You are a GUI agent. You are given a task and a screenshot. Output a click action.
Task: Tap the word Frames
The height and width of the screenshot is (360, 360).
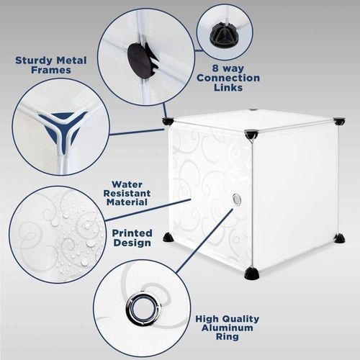point(51,70)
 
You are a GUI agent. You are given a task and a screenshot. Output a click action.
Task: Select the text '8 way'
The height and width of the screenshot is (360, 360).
point(228,68)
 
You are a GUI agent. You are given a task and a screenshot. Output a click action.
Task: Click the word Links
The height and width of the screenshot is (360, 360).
point(228,87)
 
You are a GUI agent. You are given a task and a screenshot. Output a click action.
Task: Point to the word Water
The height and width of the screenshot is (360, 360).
point(127,184)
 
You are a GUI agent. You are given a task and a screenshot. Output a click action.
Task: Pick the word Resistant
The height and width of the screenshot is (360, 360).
point(127,193)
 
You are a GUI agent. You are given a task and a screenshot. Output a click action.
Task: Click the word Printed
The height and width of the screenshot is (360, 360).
point(132,233)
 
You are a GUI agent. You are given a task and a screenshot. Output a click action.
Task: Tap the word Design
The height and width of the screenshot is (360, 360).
point(132,243)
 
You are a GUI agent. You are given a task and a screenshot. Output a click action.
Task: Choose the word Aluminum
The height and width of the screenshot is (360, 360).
point(228,328)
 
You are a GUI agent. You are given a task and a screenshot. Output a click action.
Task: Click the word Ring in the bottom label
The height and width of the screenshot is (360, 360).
point(228,336)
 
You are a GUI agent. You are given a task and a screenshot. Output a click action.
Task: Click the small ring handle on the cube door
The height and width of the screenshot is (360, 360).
point(237,199)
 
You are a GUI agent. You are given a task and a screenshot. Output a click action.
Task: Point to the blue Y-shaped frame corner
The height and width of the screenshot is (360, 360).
point(62,131)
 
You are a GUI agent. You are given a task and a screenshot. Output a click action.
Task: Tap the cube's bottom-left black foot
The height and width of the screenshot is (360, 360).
point(169,238)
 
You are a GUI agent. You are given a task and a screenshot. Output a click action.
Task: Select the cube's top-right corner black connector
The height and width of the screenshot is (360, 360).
point(339,121)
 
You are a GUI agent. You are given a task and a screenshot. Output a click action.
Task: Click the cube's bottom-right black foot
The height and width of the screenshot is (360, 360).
point(340,238)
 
